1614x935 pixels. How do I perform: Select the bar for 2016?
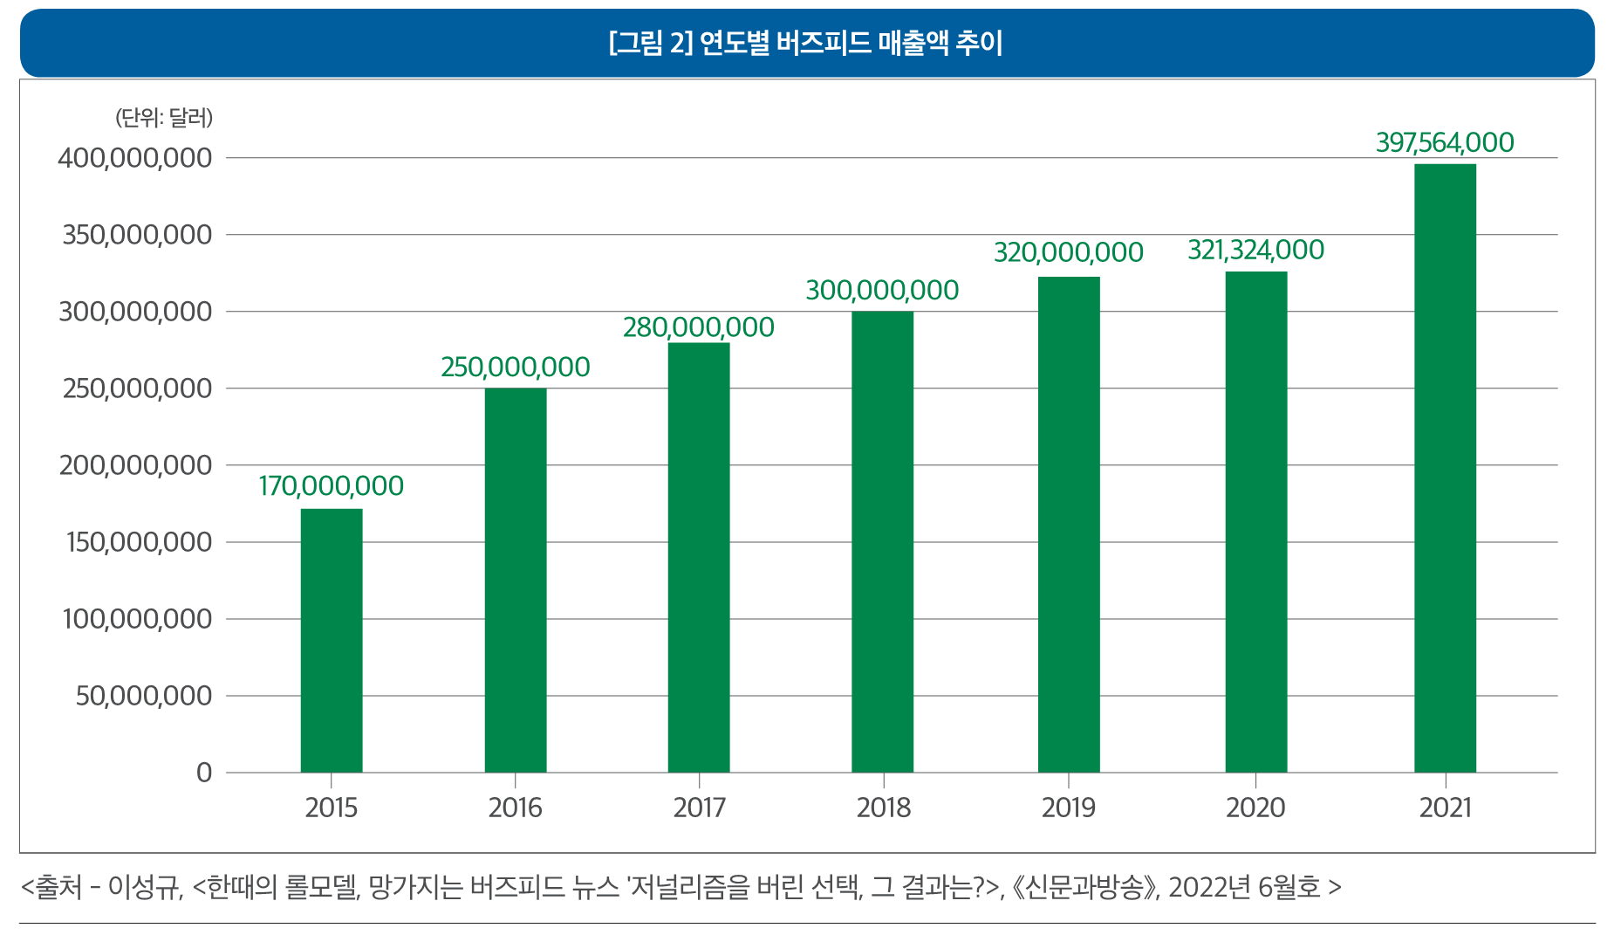pyautogui.click(x=516, y=580)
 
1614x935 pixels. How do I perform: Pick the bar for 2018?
pyautogui.click(x=883, y=541)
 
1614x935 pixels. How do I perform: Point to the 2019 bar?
pyautogui.click(x=1069, y=524)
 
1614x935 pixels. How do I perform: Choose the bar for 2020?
pyautogui.click(x=1256, y=522)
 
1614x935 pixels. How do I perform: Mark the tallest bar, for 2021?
pyautogui.click(x=1445, y=468)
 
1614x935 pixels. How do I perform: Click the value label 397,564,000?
pyautogui.click(x=1445, y=142)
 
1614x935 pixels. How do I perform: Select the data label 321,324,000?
pyautogui.click(x=1255, y=251)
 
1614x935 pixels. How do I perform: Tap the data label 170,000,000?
pyautogui.click(x=332, y=486)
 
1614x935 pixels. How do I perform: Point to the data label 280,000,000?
pyautogui.click(x=699, y=327)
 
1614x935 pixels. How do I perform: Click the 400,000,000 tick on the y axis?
pyautogui.click(x=135, y=158)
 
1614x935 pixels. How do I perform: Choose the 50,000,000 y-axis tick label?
pyautogui.click(x=144, y=696)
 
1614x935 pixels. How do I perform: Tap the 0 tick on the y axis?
pyautogui.click(x=204, y=773)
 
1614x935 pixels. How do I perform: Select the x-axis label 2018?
pyautogui.click(x=883, y=808)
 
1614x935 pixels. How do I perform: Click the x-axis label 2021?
pyautogui.click(x=1445, y=808)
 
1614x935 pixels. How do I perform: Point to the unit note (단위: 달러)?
pyautogui.click(x=164, y=118)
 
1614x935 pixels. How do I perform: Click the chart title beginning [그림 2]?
pyautogui.click(x=806, y=43)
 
